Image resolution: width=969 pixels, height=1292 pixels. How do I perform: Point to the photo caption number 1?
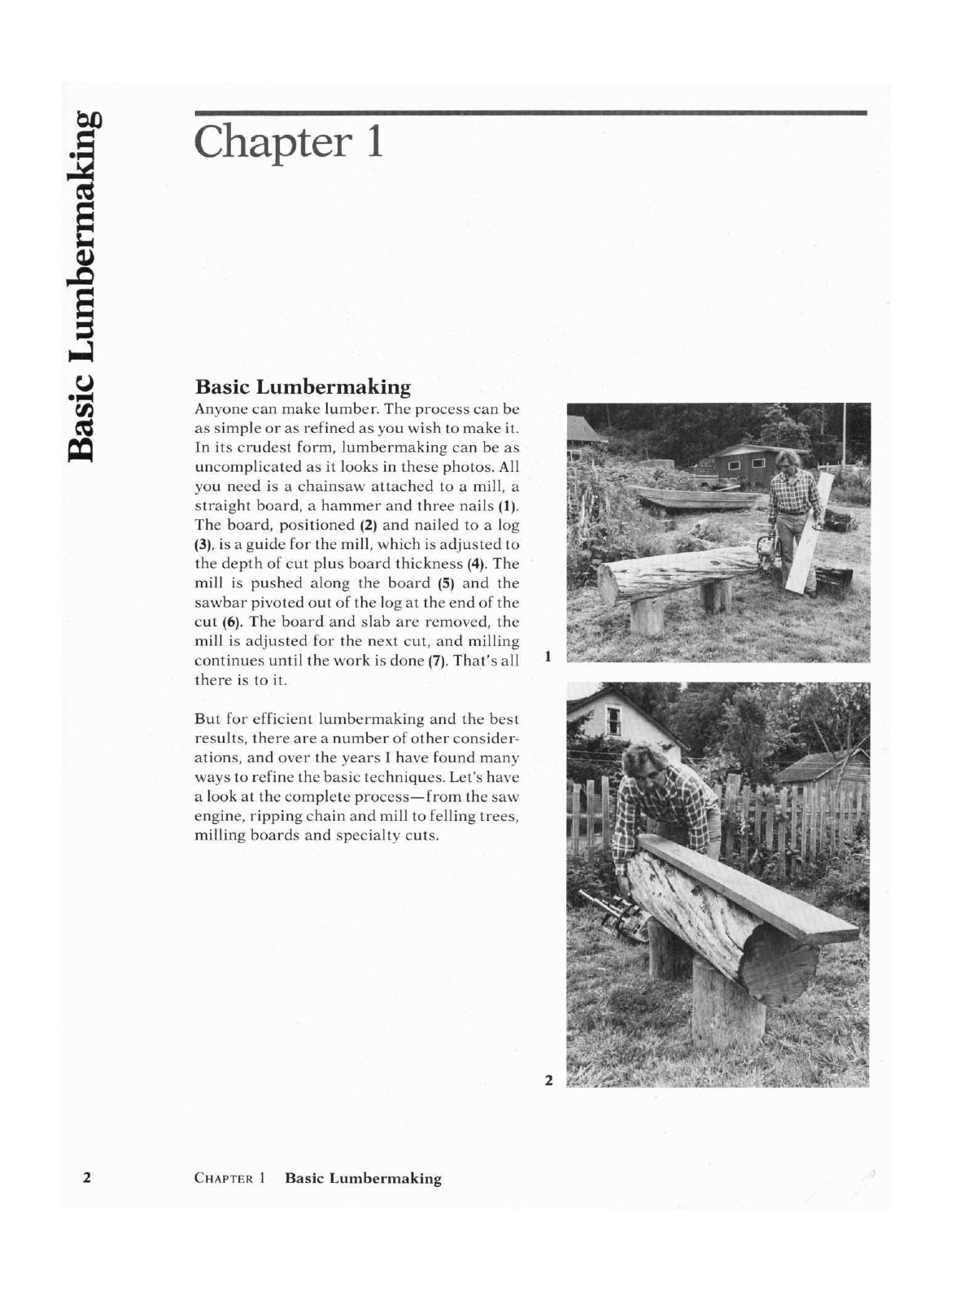pyautogui.click(x=549, y=654)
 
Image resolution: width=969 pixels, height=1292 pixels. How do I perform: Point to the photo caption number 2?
pyautogui.click(x=548, y=1080)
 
